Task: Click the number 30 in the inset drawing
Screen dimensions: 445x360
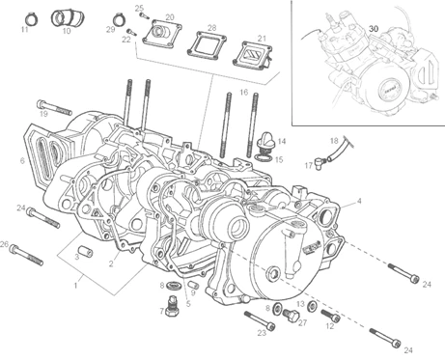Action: coord(374,28)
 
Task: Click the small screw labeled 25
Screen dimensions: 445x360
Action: coord(143,14)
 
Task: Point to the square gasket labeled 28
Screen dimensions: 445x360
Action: coord(207,45)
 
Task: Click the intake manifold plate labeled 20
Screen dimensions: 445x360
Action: coord(161,34)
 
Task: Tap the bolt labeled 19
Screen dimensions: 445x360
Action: coord(54,108)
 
